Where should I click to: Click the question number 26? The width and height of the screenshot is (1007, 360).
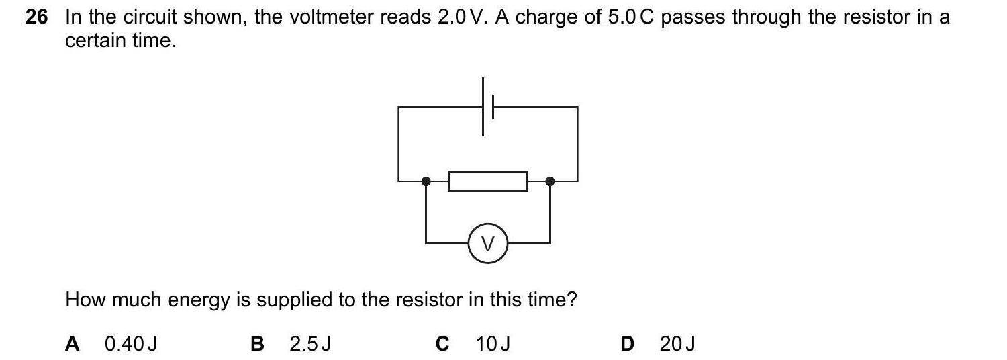37,18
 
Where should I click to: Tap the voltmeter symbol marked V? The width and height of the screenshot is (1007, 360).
488,244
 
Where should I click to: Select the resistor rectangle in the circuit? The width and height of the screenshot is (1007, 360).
488,181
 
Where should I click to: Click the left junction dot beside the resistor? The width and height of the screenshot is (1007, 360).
426,181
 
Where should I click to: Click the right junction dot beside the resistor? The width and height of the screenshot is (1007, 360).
550,181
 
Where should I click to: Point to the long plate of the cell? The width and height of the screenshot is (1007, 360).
483,106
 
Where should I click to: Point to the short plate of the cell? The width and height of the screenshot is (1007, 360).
493,106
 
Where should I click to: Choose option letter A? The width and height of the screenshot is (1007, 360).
73,344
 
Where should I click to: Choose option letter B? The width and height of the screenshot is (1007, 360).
257,344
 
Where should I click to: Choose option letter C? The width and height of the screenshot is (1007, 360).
442,344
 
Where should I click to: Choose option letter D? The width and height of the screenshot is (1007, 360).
627,344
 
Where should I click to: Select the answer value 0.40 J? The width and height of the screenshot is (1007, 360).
131,344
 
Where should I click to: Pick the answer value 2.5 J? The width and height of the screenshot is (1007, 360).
310,344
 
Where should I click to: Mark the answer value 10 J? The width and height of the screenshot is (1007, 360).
493,344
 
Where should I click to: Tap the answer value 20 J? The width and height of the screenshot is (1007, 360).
677,344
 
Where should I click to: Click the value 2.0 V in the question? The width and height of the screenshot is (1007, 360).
460,18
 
